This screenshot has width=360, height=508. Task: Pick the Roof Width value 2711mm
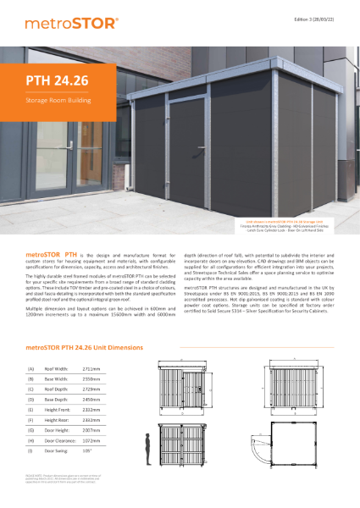point(94,368)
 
